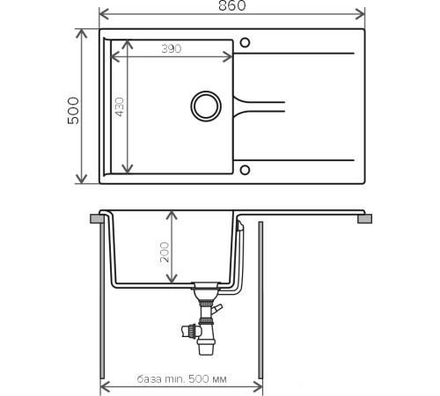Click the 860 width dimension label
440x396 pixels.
231,5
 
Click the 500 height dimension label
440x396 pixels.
73,111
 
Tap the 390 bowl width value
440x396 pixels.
172,48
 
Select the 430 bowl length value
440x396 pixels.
120,106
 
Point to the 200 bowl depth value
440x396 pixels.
165,252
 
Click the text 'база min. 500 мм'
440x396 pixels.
182,379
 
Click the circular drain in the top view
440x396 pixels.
206,106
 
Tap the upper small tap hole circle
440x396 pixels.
245,43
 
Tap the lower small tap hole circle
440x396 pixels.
245,170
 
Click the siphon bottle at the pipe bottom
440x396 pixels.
206,346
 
